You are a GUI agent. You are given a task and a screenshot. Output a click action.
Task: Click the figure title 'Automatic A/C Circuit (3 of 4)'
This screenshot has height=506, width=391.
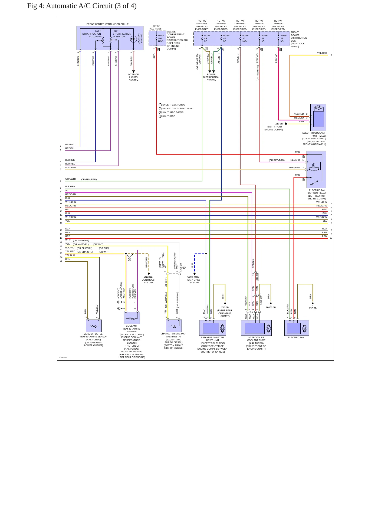coord(91,6)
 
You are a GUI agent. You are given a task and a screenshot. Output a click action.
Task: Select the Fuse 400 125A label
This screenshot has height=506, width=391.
coord(161,38)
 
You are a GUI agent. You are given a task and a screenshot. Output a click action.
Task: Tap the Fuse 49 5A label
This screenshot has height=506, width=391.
coord(207,38)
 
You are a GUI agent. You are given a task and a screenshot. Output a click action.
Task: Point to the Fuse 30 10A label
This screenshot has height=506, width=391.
coord(245,38)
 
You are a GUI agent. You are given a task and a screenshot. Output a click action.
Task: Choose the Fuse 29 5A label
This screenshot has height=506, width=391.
coord(284,38)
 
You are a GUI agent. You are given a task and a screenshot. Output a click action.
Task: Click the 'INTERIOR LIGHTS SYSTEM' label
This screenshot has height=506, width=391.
coord(133,77)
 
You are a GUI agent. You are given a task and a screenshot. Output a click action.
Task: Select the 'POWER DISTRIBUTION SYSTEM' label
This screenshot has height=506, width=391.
coord(211,77)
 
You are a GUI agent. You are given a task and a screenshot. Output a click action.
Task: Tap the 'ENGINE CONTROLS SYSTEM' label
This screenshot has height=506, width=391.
coord(148,280)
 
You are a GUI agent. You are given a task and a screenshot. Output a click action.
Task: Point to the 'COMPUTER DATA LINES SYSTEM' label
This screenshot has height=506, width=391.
coord(194,280)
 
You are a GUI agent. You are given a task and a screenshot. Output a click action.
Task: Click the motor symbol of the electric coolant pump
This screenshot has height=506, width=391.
coord(318,107)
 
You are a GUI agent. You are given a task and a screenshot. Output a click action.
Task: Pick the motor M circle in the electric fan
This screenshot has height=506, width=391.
coord(305,328)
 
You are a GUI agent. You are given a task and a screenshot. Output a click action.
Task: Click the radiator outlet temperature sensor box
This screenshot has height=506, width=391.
coord(94,326)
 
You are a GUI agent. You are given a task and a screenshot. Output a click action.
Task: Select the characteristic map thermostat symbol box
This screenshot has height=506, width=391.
coord(174,326)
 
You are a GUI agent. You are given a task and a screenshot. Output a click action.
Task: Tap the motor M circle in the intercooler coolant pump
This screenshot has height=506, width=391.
coord(268,328)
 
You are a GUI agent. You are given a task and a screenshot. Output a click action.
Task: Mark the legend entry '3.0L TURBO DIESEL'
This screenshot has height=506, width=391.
coord(173,112)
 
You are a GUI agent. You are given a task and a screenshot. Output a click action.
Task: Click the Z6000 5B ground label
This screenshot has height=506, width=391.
coord(271,307)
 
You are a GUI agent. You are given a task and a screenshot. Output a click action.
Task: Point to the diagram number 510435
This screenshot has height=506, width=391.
coord(63,357)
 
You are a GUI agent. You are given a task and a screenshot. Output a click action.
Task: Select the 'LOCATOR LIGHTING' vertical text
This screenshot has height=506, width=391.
coord(140,39)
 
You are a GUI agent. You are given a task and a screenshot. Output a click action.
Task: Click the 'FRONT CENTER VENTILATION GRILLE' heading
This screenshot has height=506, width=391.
coord(107,24)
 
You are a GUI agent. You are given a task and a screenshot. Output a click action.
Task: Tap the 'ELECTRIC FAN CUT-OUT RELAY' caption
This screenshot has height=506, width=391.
coord(317,192)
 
